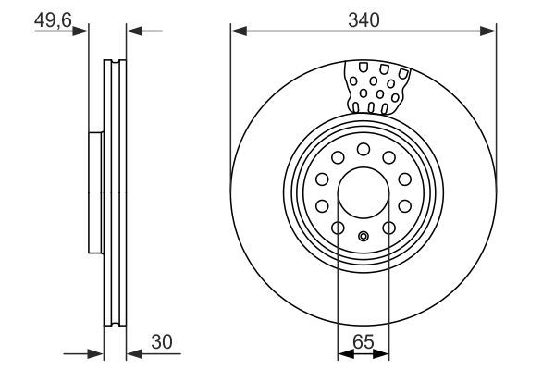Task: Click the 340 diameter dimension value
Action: coord(363,16)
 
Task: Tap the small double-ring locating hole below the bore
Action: coord(364,235)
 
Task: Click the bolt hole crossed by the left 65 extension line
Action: coord(339,228)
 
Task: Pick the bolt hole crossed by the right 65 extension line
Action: coord(388,228)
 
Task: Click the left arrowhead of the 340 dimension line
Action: coord(237,31)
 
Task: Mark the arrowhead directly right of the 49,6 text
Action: coord(83,31)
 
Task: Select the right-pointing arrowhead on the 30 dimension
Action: coord(95,352)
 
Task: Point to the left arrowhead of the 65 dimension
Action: coord(344,352)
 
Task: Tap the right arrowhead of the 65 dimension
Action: coord(383,352)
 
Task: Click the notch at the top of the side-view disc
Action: coord(114,64)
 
